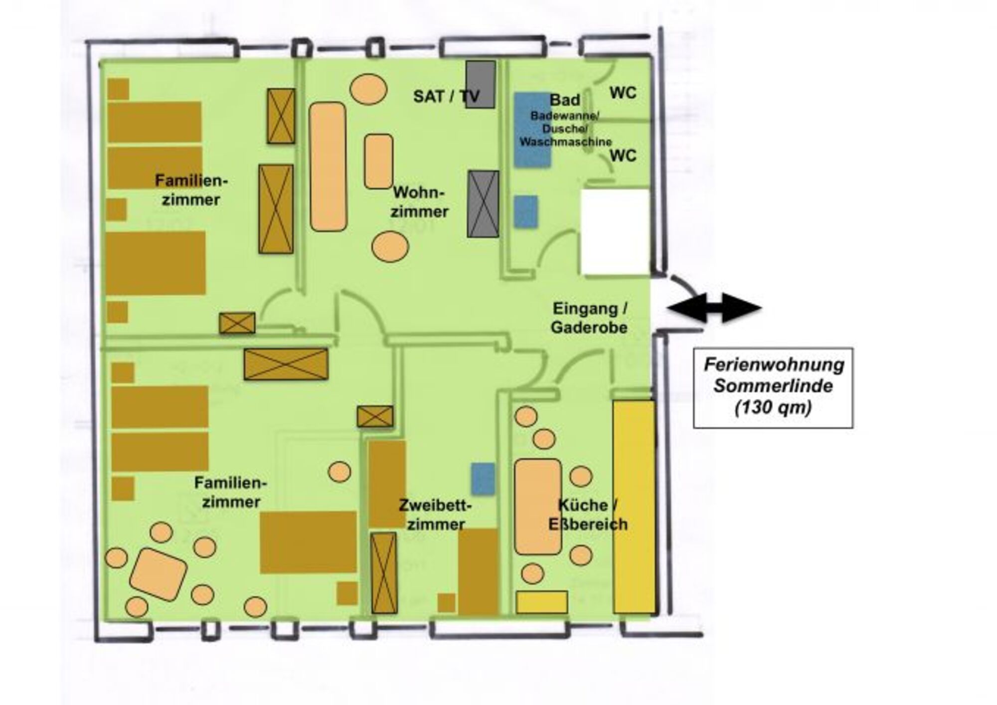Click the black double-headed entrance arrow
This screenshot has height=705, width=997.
coord(714,308)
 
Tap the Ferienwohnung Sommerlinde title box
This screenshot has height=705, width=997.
coord(773,387)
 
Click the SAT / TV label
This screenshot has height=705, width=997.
coord(446,96)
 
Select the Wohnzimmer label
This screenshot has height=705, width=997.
coord(419,202)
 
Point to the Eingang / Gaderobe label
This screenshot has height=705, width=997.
coord(589,318)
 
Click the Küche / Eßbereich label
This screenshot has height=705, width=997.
coord(588,515)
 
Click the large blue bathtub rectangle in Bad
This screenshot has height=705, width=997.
coord(532,130)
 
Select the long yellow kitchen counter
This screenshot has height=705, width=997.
coord(634,507)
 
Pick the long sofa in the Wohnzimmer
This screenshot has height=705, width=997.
coord(328,167)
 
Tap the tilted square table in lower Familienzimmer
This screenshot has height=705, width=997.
coord(158,574)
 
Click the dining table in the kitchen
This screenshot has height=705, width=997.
coord(538,507)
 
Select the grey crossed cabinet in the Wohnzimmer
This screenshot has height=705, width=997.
coord(483,204)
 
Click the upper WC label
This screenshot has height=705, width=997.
coord(623,93)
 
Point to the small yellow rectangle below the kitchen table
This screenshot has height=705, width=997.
coord(541,602)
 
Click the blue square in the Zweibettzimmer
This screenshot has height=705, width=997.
coord(483,479)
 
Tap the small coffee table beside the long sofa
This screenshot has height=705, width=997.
coord(378,162)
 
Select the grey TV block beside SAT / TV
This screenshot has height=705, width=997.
coord(481,84)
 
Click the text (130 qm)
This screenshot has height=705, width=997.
coord(773,408)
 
